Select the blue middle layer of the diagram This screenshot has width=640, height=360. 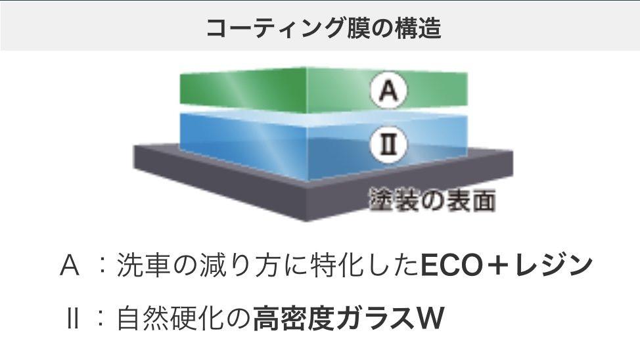click(263, 141)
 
